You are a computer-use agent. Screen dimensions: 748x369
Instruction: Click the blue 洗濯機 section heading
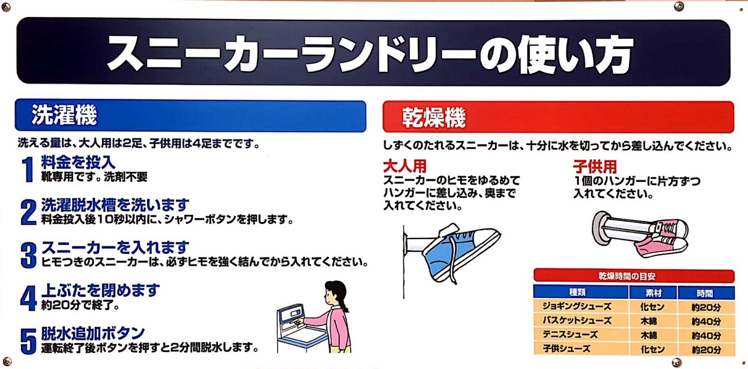(64, 115)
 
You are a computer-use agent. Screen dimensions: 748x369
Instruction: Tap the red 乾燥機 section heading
(434, 118)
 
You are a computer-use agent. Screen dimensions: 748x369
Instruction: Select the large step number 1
(28, 170)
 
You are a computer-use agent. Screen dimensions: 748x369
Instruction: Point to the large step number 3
(29, 255)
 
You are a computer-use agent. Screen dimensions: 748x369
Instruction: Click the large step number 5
(29, 341)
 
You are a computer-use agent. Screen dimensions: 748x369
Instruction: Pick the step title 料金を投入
(78, 163)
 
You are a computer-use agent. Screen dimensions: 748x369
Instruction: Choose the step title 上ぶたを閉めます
(100, 290)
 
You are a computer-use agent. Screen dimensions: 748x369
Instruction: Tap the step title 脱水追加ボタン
(93, 333)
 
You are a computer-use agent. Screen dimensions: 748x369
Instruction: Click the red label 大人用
(405, 166)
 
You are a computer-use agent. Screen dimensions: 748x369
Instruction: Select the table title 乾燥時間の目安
(627, 276)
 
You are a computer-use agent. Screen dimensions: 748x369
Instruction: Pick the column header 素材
(653, 293)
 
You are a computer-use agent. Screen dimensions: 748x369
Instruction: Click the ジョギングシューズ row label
(577, 306)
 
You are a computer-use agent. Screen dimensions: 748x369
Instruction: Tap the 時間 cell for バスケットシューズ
(706, 321)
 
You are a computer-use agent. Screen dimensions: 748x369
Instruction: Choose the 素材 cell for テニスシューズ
(649, 335)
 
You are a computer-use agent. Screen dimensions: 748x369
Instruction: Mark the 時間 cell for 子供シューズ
(706, 349)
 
